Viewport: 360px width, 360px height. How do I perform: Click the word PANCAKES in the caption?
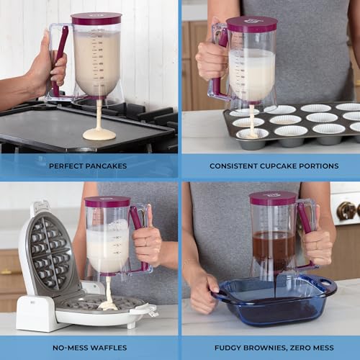(104, 166)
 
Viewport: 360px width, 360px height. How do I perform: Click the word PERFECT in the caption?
(65, 166)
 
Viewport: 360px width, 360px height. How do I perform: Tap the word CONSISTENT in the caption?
(230, 166)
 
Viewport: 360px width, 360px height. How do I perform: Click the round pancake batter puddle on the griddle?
(99, 134)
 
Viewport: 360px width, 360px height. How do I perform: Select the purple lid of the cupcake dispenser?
(251, 24)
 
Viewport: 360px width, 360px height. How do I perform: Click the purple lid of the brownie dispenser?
(273, 198)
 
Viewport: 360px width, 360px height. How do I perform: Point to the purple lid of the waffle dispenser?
(107, 202)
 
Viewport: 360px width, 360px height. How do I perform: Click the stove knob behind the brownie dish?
(348, 210)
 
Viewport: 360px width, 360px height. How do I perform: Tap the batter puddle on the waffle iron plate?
(107, 305)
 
